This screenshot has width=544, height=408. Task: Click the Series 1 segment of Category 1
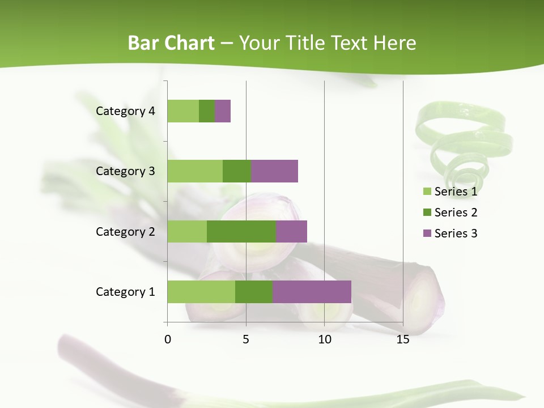pos(201,291)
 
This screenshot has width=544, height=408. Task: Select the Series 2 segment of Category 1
pos(254,291)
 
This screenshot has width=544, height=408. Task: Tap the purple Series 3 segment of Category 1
pos(312,291)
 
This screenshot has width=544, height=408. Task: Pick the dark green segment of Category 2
pos(241,231)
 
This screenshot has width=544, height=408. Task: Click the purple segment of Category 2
pos(291,231)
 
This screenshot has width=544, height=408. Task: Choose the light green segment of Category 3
pos(195,171)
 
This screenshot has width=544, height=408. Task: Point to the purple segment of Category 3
pos(274,171)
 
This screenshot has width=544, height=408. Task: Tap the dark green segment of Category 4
pos(207,111)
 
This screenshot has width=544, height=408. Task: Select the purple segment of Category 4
pos(223,111)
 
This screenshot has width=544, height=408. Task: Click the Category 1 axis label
pos(125,292)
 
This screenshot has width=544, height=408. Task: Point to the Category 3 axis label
pos(125,171)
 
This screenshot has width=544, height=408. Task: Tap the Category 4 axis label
pos(125,111)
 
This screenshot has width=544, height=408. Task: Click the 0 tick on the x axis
pos(168,339)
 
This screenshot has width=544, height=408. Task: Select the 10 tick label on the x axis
pos(324,339)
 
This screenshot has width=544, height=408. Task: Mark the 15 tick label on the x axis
pos(402,339)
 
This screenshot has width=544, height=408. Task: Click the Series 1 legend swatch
pos(427,192)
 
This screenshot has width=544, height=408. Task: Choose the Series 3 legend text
pos(456,233)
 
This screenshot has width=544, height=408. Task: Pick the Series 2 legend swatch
pos(427,212)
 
